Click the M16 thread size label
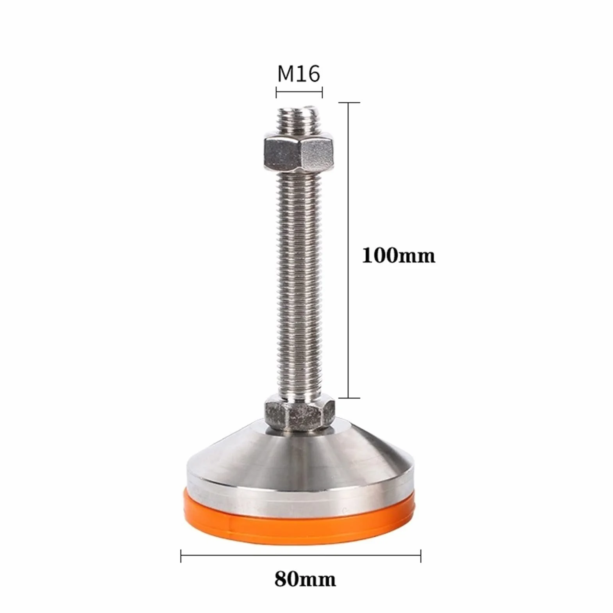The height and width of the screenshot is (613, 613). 299,73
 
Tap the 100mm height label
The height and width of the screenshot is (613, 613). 399,256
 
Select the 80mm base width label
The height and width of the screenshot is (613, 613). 305,579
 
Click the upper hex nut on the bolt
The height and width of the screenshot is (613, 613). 299,153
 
